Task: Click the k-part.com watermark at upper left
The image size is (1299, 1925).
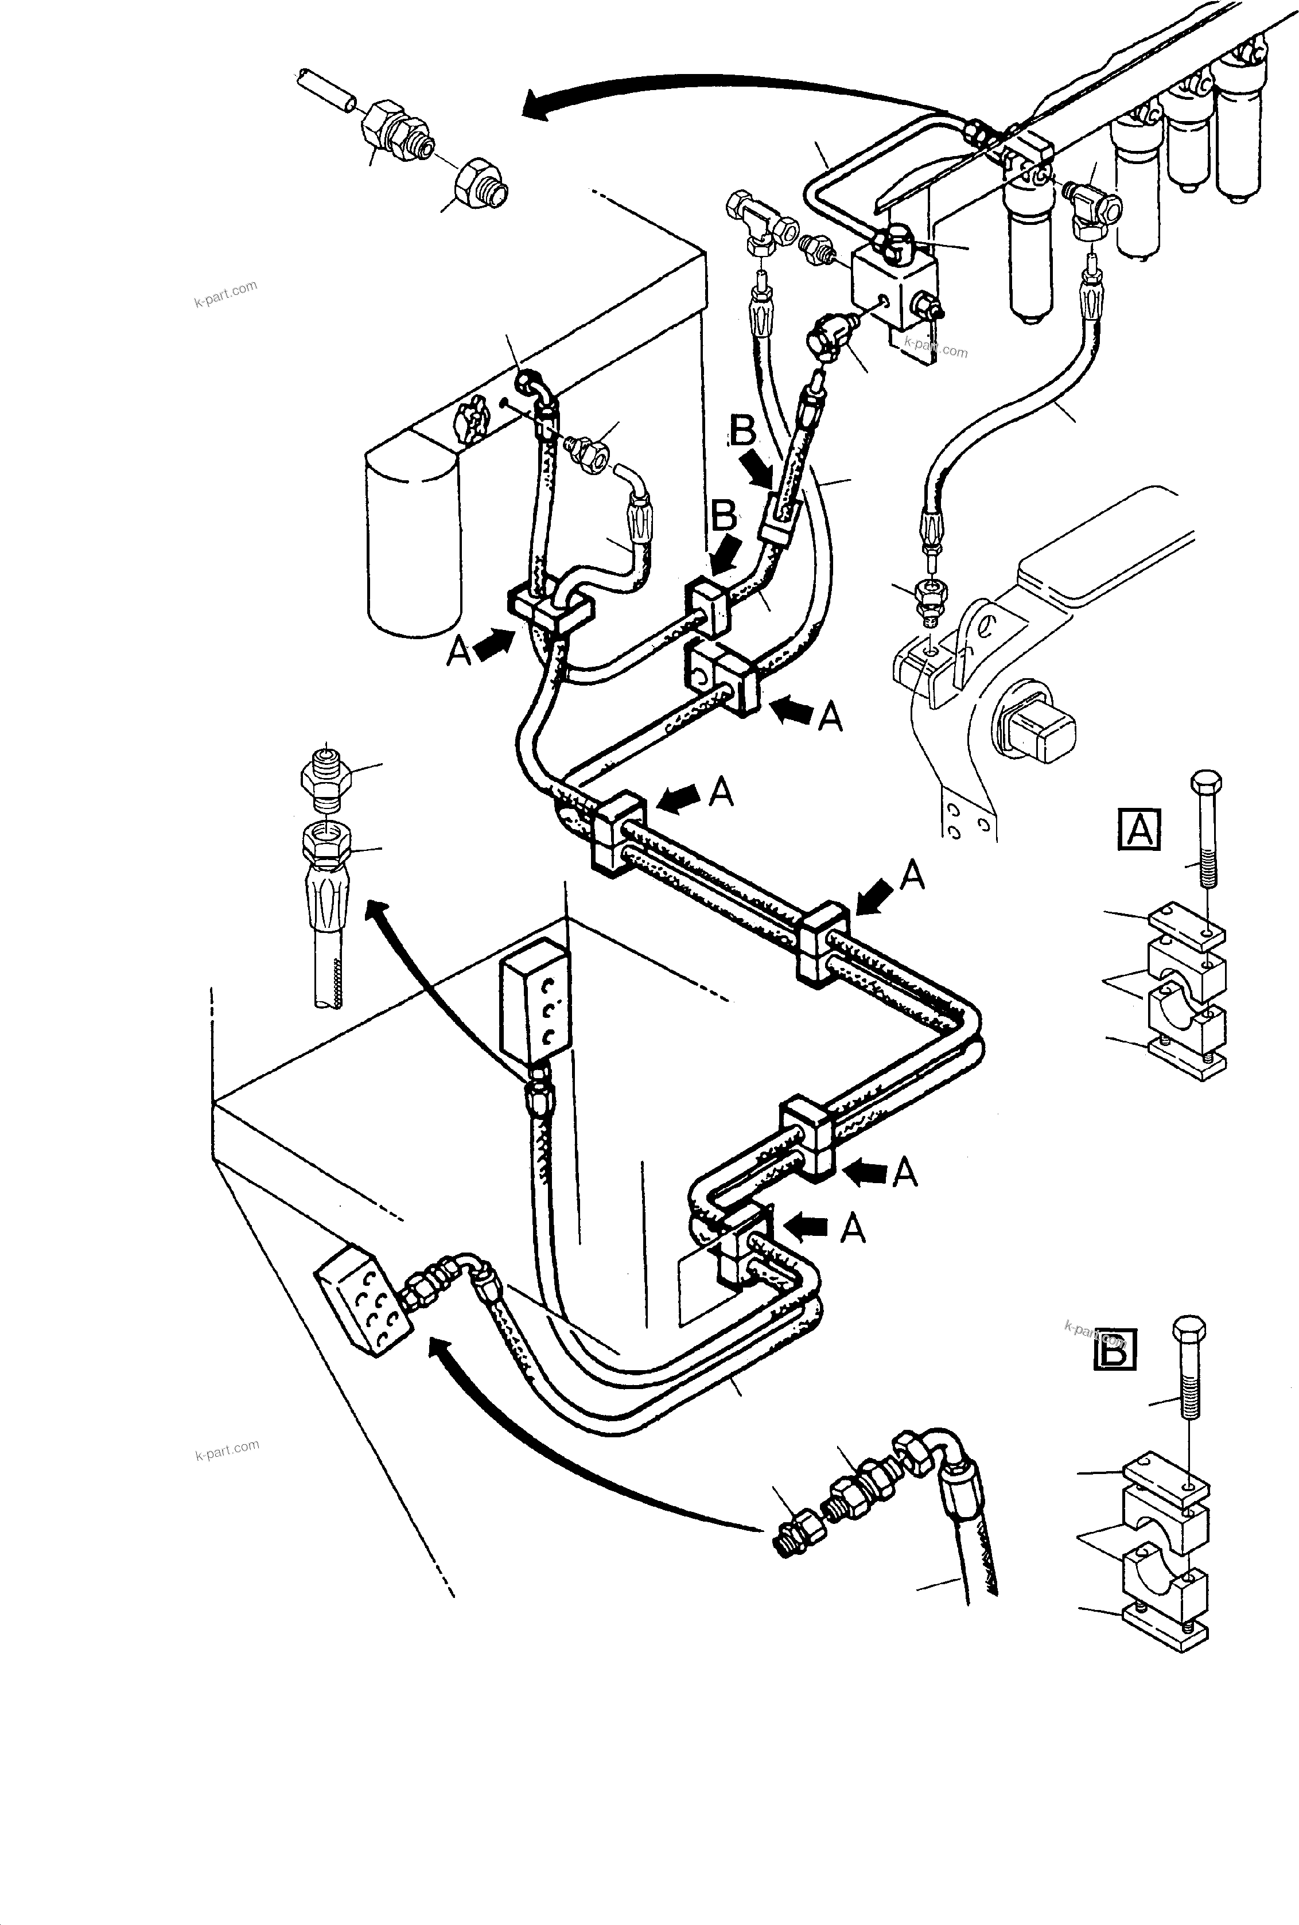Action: [x=225, y=293]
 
